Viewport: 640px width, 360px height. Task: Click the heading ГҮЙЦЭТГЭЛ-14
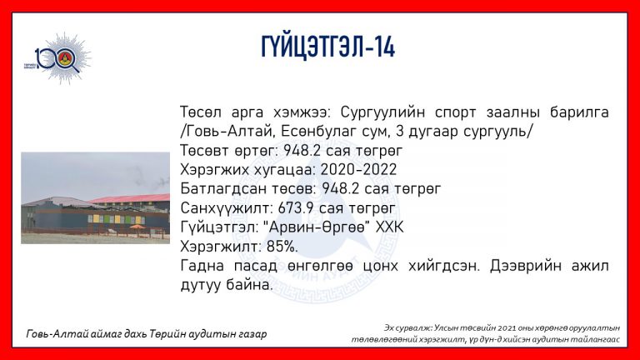tap(328, 47)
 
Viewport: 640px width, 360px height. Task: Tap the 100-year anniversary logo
tap(58, 59)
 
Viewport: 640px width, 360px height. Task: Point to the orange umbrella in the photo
tap(137, 227)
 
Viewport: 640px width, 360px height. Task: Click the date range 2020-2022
tap(359, 169)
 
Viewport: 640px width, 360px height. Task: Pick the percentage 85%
tap(282, 246)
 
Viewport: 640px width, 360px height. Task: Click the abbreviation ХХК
tap(389, 227)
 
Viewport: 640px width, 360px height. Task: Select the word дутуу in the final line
tap(200, 285)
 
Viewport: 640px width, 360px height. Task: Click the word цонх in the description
tap(380, 266)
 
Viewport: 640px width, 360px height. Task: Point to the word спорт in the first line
tap(455, 113)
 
